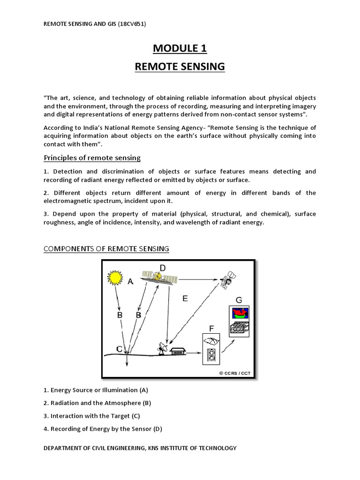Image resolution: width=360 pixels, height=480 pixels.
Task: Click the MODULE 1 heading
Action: tap(180, 48)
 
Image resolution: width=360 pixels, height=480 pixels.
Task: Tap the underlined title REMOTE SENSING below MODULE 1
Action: tap(180, 67)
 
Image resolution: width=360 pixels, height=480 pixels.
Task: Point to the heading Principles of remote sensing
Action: tap(92, 157)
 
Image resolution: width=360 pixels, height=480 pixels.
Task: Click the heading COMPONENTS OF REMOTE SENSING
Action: tap(106, 249)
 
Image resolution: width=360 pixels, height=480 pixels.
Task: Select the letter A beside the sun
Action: tap(131, 281)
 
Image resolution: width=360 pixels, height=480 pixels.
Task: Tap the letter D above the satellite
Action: tap(163, 268)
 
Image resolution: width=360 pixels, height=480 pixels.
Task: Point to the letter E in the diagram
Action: tap(185, 298)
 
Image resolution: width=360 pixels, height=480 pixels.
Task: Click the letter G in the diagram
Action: tap(239, 300)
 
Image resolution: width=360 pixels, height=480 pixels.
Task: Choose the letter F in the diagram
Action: tap(211, 329)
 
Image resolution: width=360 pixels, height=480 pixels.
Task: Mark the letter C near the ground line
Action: tap(120, 349)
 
